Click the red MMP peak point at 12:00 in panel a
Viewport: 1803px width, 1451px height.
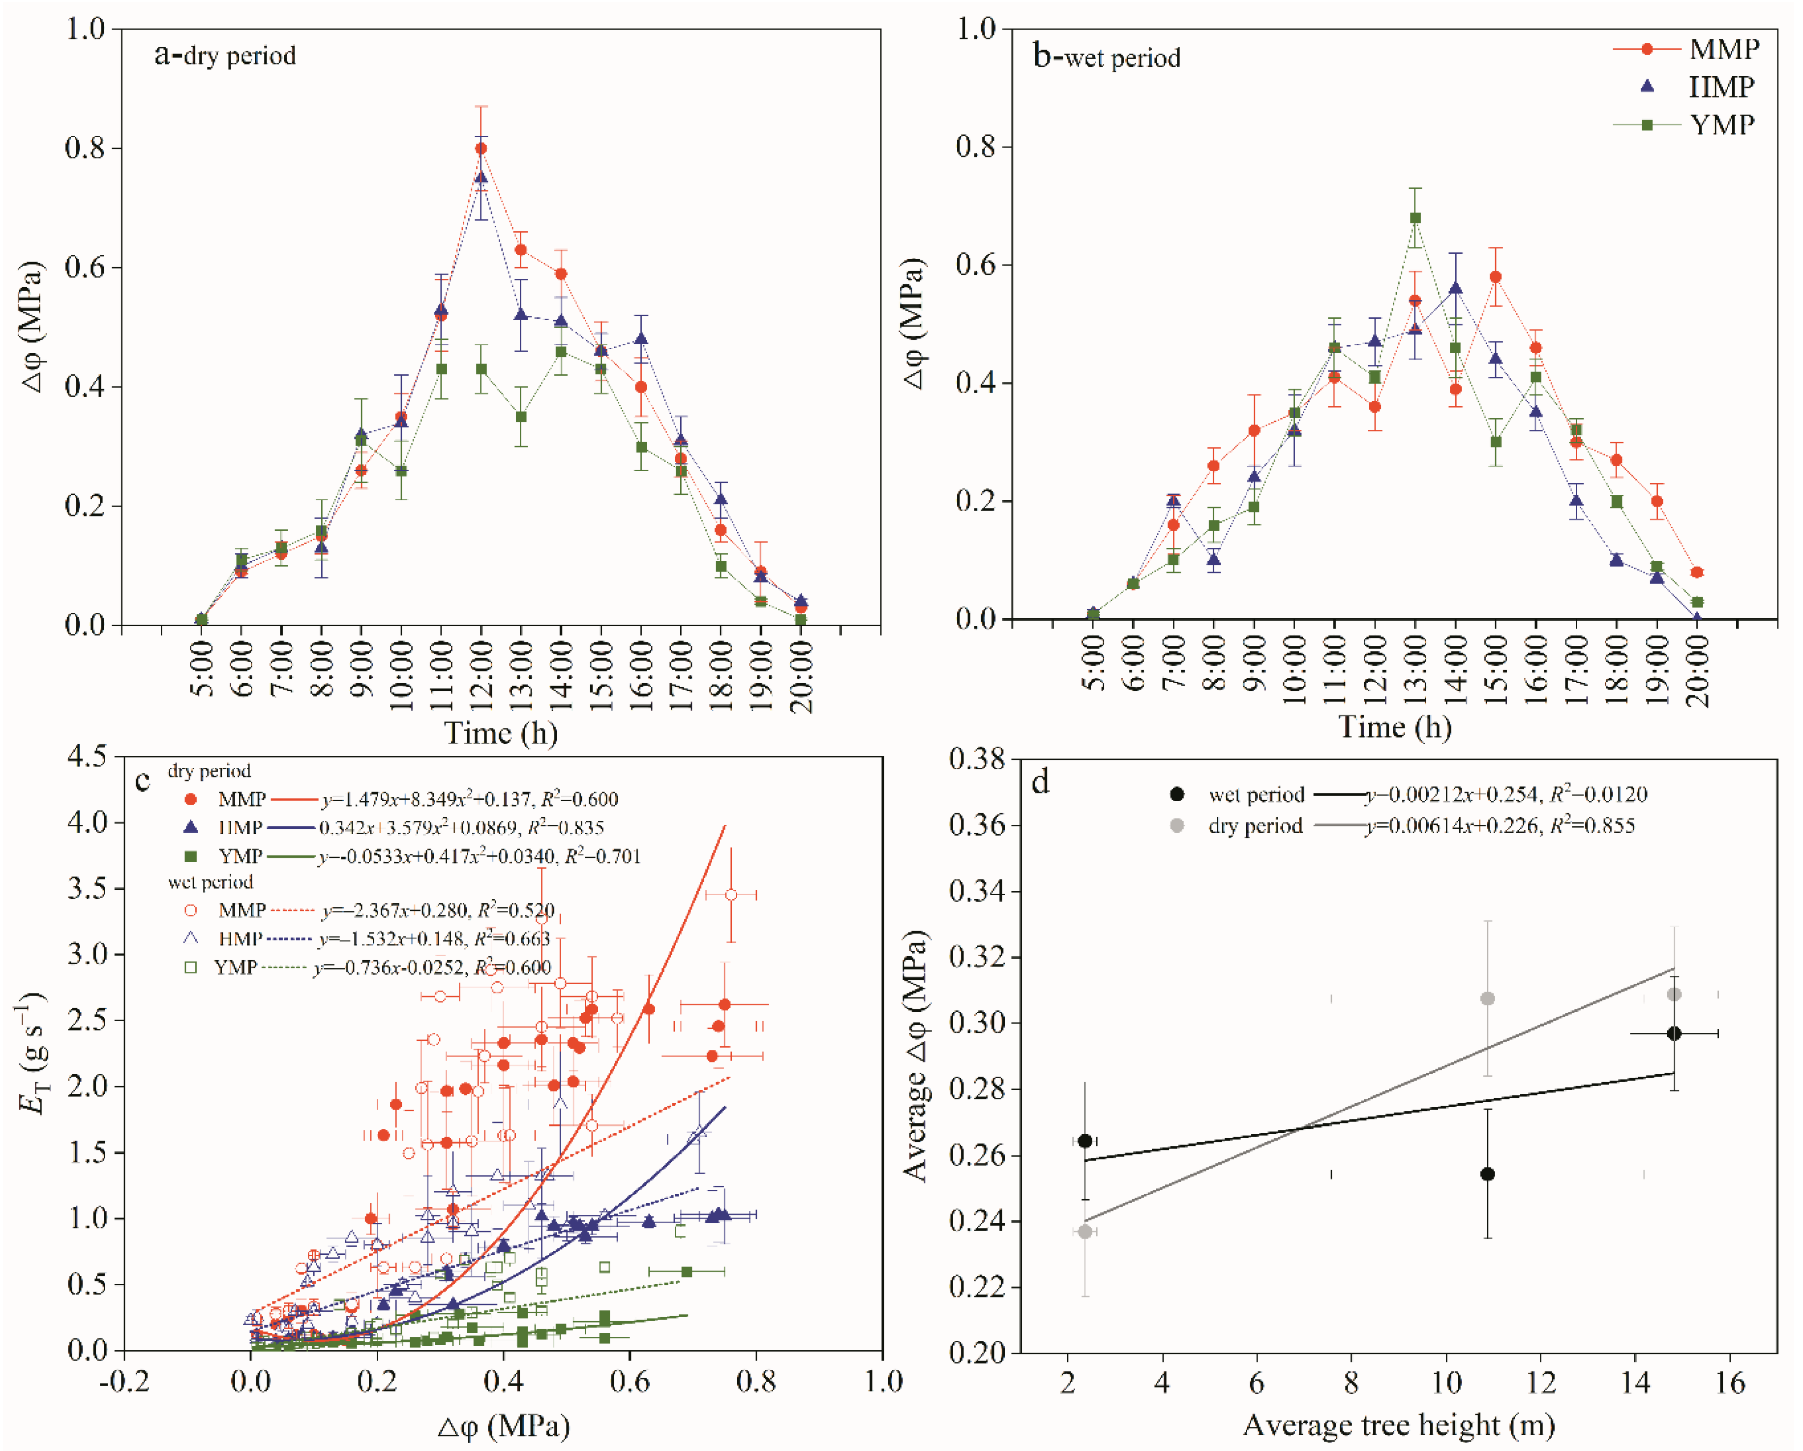click(x=481, y=148)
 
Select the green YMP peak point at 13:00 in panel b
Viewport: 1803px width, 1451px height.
click(x=1415, y=218)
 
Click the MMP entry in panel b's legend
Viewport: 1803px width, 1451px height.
click(x=1723, y=49)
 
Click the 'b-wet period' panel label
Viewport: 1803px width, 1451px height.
click(x=1107, y=57)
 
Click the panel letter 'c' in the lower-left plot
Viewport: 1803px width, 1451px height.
click(x=143, y=780)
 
